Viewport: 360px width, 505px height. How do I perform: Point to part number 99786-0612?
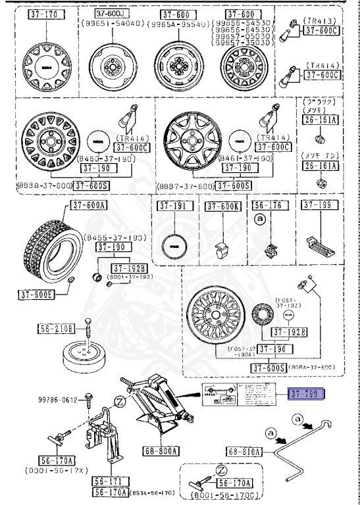click(57, 399)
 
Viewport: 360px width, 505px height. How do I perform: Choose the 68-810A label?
click(245, 452)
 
